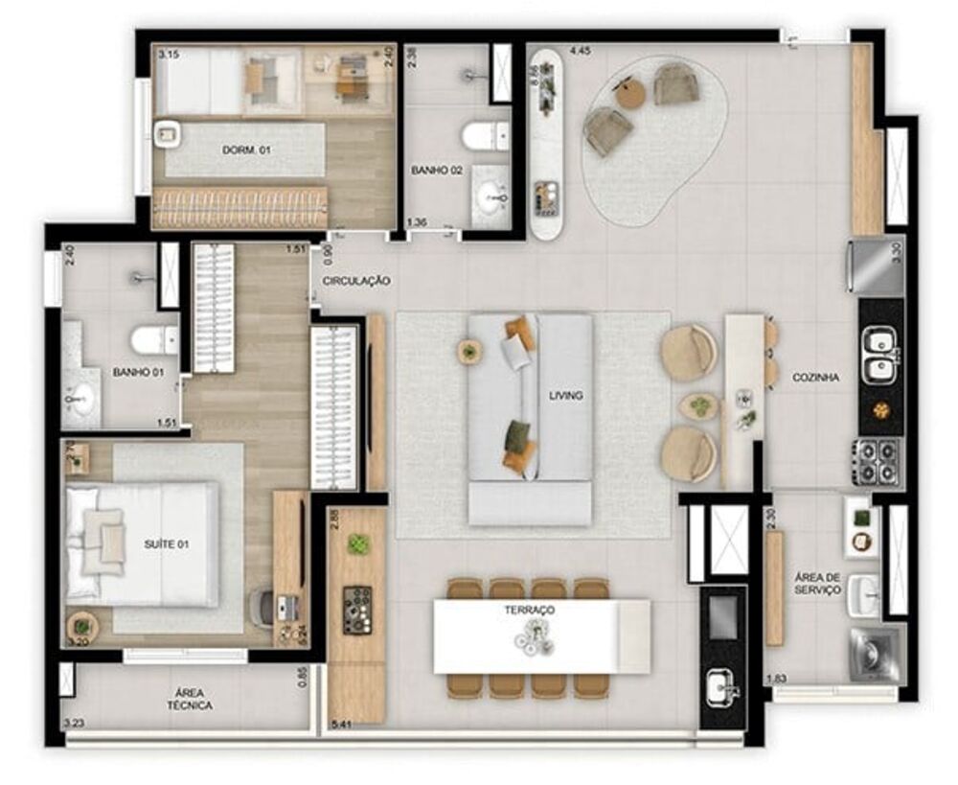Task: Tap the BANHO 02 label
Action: click(437, 170)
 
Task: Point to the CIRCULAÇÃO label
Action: click(356, 281)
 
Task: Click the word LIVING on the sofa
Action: click(565, 395)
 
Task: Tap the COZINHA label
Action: click(815, 378)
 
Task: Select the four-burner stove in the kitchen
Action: click(879, 460)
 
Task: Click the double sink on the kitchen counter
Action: click(879, 355)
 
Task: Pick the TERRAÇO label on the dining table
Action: click(532, 610)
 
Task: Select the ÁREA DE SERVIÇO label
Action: click(817, 583)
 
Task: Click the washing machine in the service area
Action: click(875, 656)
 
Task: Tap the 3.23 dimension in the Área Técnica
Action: click(73, 725)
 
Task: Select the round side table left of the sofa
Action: click(469, 352)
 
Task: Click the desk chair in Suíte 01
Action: click(262, 605)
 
